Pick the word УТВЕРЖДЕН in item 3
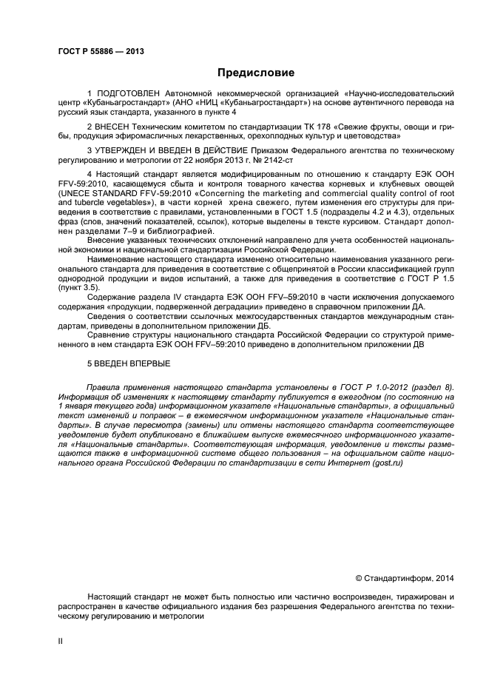pyautogui.click(x=122, y=150)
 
